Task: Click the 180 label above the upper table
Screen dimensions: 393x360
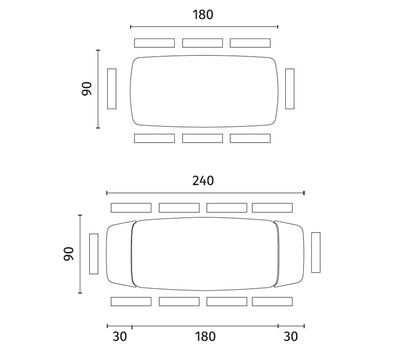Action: [203, 15]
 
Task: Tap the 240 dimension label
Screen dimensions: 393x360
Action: [203, 181]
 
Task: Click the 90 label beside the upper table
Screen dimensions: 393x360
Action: [87, 89]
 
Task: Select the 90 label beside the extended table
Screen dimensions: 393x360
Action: [69, 254]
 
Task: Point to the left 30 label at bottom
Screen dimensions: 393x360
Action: [120, 337]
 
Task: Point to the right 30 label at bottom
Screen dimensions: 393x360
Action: [291, 337]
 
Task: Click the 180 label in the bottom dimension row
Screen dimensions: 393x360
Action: [205, 337]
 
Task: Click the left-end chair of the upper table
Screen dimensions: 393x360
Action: [112, 89]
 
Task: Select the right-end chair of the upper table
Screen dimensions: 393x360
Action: [290, 89]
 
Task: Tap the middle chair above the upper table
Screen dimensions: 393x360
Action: [203, 43]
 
